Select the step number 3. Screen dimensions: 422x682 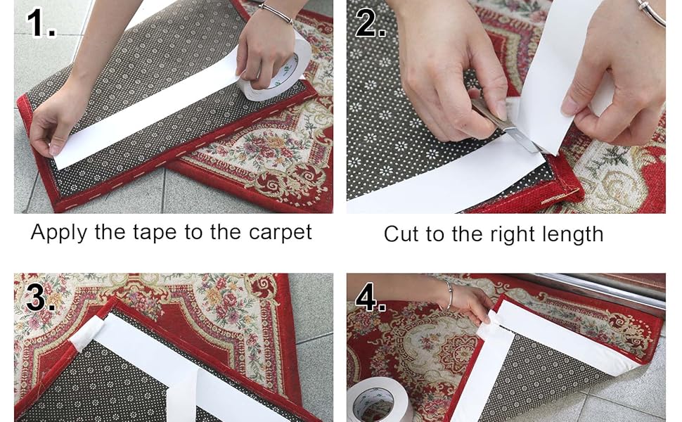click(x=40, y=298)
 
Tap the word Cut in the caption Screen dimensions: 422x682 click(x=401, y=234)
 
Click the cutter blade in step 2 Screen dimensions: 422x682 click(x=524, y=138)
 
